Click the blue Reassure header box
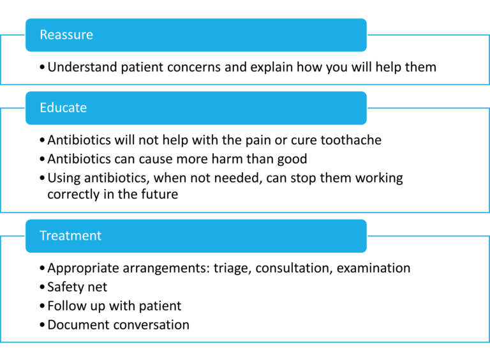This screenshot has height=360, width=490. point(196,34)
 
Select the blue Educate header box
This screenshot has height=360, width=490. point(196,107)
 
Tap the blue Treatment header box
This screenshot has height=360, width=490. point(196,236)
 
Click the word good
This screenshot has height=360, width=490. point(290,158)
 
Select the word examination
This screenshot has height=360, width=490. point(373,268)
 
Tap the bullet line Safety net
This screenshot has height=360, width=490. point(77,287)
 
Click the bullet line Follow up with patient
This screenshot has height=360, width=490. point(114,306)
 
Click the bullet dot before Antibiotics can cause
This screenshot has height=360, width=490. point(42,159)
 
